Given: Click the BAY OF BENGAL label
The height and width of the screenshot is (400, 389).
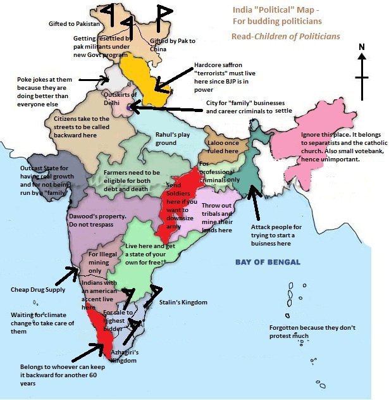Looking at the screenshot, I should tap(268, 262).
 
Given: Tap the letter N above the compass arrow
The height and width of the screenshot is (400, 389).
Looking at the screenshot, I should tap(362, 47).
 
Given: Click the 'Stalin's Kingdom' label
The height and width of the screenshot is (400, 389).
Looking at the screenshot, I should tap(183, 303).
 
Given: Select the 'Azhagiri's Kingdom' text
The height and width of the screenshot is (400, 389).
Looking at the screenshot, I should tap(124, 356).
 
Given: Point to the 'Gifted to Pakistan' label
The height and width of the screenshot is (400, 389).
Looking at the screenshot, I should tap(75, 23).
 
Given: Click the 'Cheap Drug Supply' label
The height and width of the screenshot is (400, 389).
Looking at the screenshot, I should tap(38, 290).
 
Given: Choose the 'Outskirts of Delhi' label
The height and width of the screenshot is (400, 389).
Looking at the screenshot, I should tap(120, 98).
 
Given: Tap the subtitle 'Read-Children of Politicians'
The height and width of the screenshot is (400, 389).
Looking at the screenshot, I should tap(285, 37).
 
